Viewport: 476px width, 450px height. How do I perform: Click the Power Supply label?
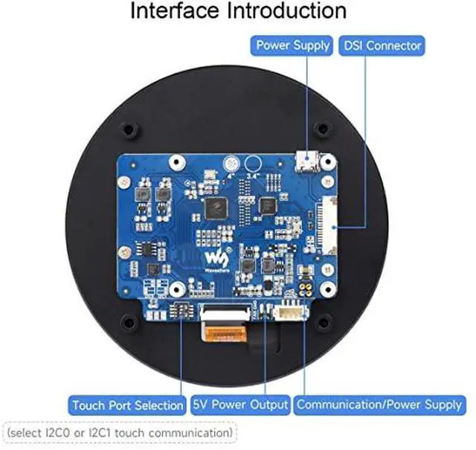click(292, 45)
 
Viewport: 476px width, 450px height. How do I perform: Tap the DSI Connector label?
click(382, 45)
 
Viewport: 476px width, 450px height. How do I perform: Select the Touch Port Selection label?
click(127, 405)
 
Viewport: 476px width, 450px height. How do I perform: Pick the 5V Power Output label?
click(240, 405)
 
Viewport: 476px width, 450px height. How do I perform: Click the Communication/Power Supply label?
click(379, 405)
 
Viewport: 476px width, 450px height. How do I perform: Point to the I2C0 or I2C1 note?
click(119, 433)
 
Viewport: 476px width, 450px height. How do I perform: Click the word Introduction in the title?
click(287, 10)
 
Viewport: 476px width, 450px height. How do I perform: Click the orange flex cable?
click(223, 334)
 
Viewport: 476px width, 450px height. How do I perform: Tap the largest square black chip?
click(216, 208)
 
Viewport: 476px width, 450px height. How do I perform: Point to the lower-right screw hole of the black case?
click(324, 322)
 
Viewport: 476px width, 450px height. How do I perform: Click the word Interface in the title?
click(175, 10)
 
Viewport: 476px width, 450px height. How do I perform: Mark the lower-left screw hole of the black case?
click(129, 323)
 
